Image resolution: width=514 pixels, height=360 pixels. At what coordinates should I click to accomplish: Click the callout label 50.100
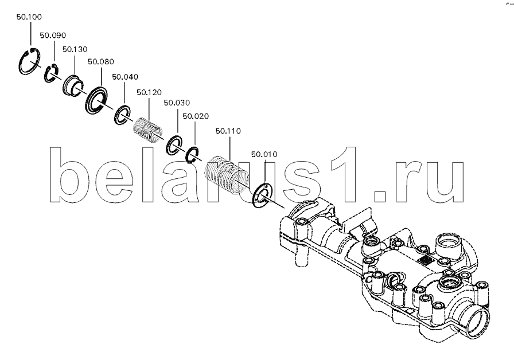[x=29, y=17]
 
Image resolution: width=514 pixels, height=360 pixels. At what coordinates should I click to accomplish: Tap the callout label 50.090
[x=53, y=36]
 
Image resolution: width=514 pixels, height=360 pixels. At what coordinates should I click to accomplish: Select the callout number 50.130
[x=75, y=49]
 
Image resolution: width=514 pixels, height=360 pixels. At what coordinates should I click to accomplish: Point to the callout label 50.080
[x=101, y=62]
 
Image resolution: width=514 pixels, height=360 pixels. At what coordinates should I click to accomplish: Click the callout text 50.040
[x=125, y=77]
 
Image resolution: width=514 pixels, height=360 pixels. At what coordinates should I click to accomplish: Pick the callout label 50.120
[x=149, y=93]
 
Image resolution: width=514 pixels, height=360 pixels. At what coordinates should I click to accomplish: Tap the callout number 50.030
[x=177, y=103]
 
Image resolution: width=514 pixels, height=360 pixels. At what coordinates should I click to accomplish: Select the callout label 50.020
[x=196, y=116]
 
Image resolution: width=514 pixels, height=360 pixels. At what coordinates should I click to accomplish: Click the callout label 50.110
[x=228, y=131]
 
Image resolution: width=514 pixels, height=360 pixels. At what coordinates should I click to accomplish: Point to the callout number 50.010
[x=264, y=154]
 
